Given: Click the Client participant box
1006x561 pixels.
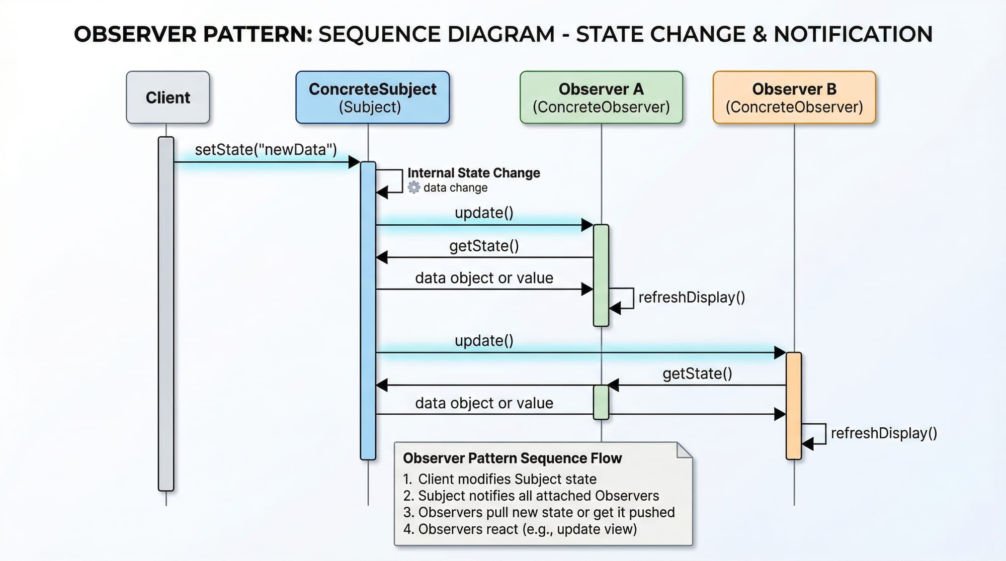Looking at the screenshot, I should pos(167,98).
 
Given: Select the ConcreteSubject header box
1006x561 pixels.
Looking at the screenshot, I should pos(372,98).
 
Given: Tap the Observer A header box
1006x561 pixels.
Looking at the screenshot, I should pos(601,98).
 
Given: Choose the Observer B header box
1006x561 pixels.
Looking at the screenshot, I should pos(794,98).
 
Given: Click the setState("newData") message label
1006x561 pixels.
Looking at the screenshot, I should pos(266,150).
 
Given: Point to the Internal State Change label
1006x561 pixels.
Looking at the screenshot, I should pos(473,173).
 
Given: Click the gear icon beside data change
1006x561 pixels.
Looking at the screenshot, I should pos(413,188).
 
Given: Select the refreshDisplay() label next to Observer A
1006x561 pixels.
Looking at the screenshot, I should pos(692,298).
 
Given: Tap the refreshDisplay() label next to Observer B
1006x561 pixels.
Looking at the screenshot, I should pos(884,433).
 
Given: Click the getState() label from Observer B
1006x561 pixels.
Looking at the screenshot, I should pos(697,373).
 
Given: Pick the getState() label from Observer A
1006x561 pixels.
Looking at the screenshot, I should pos(484,246).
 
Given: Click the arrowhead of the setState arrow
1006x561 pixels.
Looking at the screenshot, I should pos(354,162).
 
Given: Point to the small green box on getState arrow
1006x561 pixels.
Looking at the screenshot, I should pos(601,402).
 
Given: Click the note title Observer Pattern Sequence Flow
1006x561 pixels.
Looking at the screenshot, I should pos(512,458).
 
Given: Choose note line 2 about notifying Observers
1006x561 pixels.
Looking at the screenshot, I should pos(531,496).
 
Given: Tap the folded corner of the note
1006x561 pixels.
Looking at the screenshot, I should pos(684,450).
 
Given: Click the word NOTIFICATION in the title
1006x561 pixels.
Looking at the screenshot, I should pos(853,34).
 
